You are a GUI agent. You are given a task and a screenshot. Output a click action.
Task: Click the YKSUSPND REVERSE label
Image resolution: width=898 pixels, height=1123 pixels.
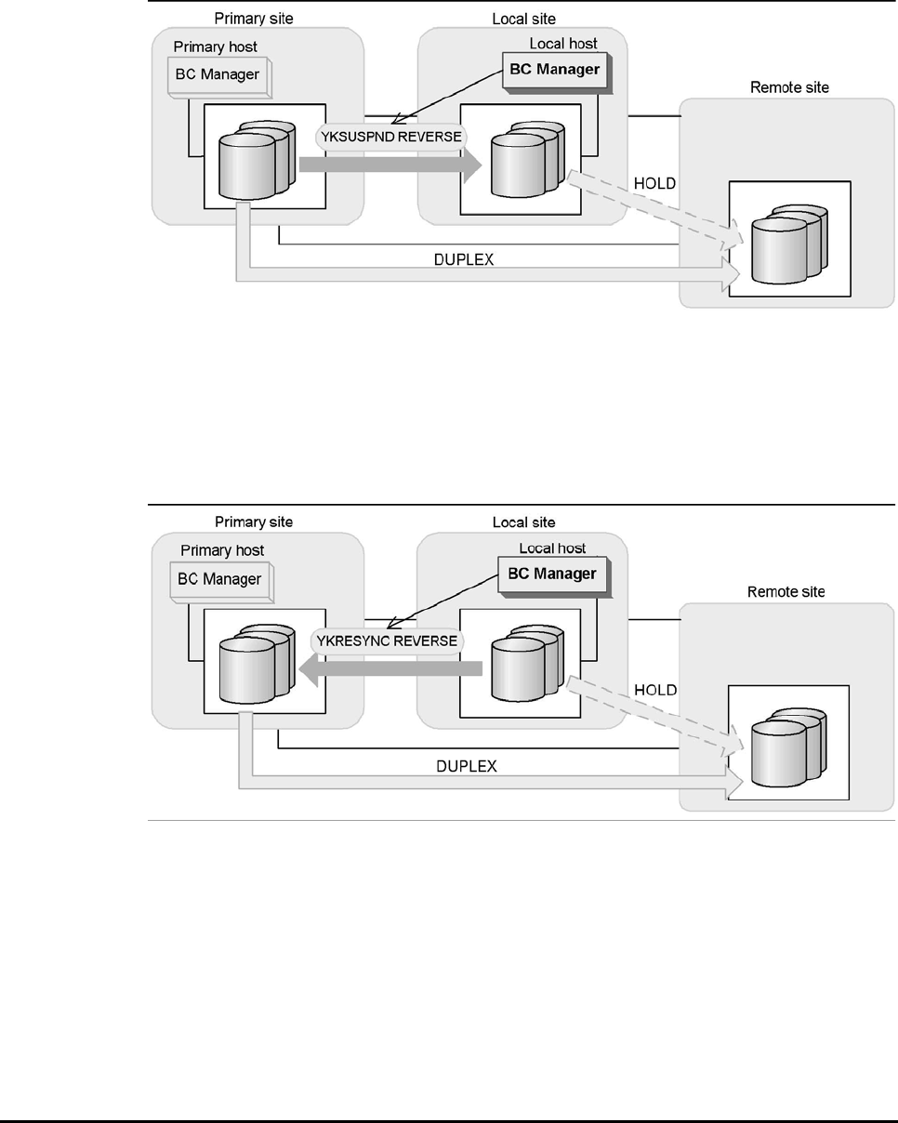pyautogui.click(x=392, y=135)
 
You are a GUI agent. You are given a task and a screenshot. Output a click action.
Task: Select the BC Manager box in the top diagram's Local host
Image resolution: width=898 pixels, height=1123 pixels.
pyautogui.click(x=554, y=69)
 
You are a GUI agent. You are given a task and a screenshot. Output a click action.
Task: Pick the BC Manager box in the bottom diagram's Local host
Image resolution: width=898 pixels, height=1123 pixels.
pyautogui.click(x=552, y=574)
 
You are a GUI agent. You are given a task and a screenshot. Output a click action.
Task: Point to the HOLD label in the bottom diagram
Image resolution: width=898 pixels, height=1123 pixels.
pyautogui.click(x=655, y=690)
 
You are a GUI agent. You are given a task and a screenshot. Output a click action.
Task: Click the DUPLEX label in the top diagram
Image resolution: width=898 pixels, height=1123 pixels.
pyautogui.click(x=464, y=260)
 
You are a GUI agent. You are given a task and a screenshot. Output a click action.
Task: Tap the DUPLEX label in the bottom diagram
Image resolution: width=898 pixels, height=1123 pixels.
pyautogui.click(x=467, y=766)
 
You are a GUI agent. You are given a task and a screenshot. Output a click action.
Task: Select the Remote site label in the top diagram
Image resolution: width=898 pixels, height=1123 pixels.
pyautogui.click(x=788, y=87)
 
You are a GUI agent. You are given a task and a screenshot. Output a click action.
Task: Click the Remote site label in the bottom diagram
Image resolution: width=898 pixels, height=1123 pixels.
pyautogui.click(x=786, y=592)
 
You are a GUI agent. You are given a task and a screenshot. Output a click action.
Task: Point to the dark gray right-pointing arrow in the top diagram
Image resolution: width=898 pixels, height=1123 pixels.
pyautogui.click(x=390, y=165)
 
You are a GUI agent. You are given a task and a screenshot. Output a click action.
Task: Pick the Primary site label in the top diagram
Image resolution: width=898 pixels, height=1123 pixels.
pyautogui.click(x=254, y=18)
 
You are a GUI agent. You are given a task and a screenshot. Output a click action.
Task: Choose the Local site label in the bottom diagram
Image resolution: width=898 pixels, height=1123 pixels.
pyautogui.click(x=523, y=522)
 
